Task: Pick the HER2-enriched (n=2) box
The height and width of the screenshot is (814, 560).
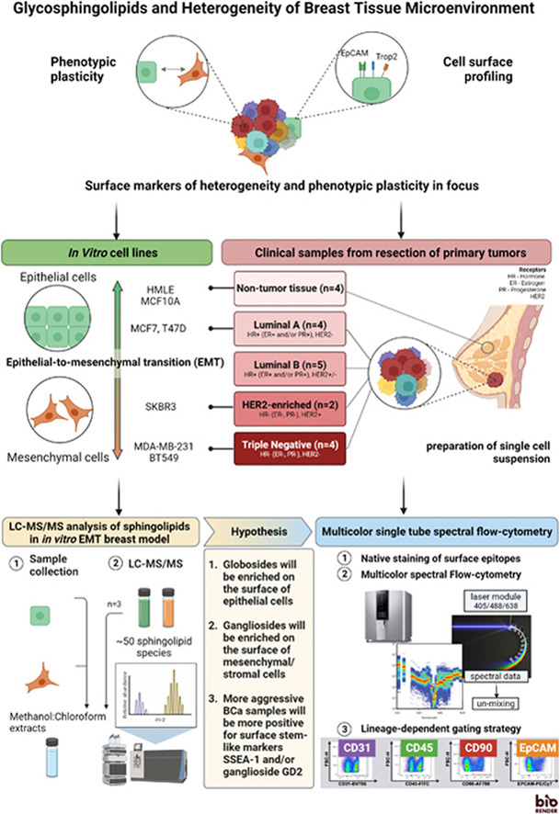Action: (290, 405)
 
